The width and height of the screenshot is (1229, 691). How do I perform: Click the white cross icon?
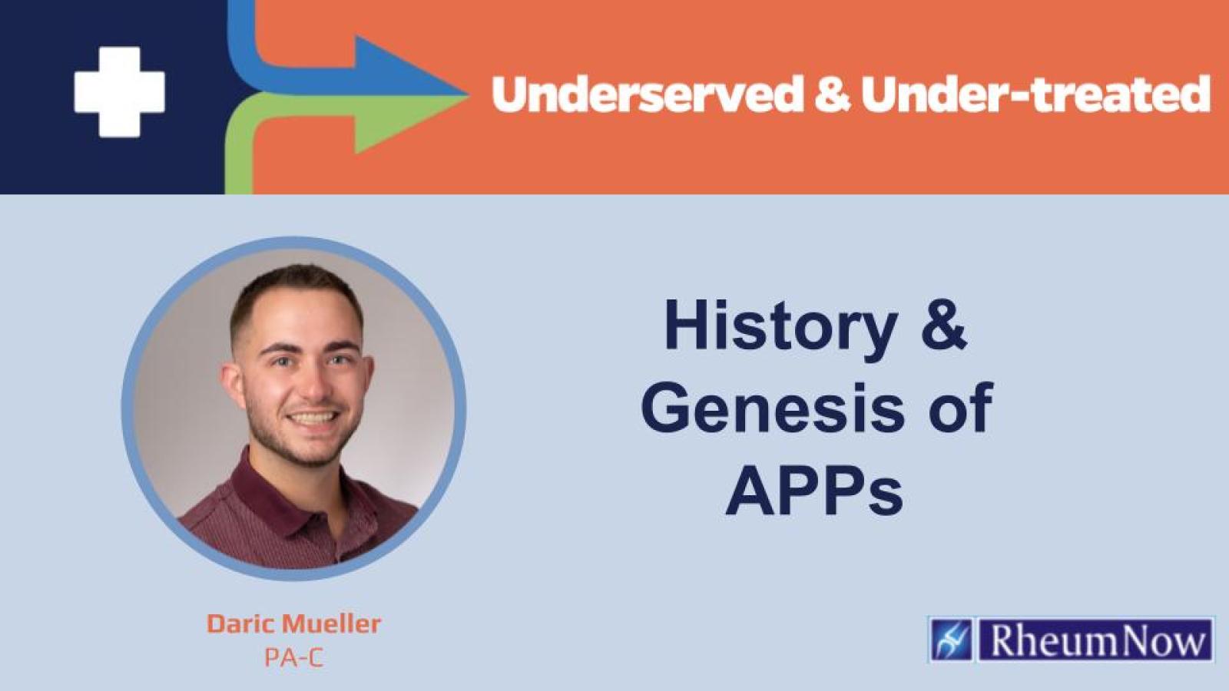pos(119,92)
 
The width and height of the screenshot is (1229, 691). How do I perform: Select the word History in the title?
pos(780,326)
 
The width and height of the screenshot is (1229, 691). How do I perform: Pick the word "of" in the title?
pos(960,408)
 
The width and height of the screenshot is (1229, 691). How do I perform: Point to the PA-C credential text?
pos(293,658)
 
